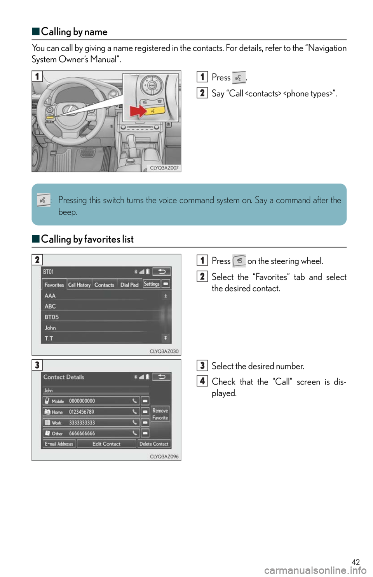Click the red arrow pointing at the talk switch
pos(138,112)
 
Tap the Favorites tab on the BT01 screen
pos(54,285)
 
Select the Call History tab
pos(79,285)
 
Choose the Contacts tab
pos(104,285)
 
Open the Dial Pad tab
pos(129,285)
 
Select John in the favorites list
pos(51,328)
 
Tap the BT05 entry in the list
pos(52,317)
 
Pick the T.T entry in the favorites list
pos(49,338)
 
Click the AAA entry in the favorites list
pos(50,296)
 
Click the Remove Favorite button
pos(160,414)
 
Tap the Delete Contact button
pos(154,444)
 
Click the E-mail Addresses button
pos(59,444)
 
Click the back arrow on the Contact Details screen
pos(161,377)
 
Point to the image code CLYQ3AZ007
pos(164,168)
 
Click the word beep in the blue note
pos(68,212)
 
